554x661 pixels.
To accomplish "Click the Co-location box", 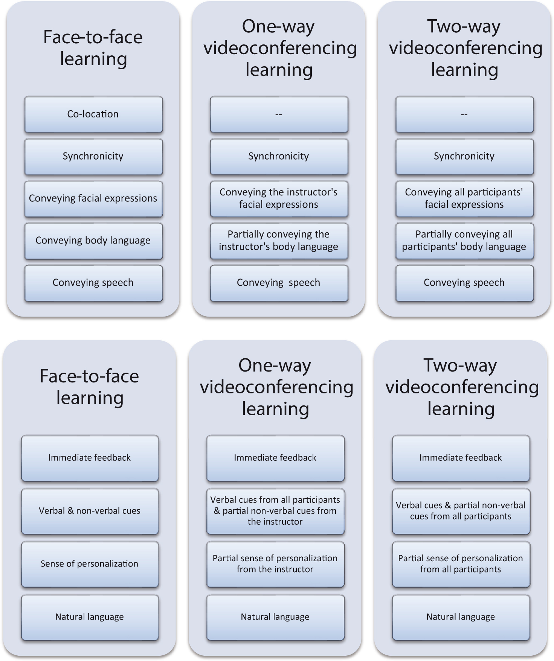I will [93, 114].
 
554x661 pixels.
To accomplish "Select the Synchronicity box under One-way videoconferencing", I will [279, 157].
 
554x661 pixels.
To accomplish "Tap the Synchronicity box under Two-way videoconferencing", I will [464, 157].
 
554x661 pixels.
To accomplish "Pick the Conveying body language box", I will [93, 241].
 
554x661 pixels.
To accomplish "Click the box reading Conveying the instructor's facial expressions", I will [279, 199].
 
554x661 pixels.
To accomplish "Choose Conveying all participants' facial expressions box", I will [464, 199].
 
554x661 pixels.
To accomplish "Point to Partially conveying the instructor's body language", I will [279, 241].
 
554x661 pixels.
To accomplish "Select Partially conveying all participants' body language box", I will [464, 241].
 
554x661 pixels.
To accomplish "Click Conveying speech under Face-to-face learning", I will [93, 283].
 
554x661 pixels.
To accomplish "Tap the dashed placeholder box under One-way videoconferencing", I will [279, 114].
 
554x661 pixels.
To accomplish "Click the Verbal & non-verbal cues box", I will [90, 511].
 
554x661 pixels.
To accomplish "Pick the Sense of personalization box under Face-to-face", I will [90, 564].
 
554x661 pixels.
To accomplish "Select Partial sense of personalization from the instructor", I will [275, 564].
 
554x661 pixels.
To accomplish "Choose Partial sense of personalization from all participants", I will [461, 564].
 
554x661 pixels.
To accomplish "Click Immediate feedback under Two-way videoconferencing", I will [461, 458].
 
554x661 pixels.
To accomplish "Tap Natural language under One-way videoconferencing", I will [275, 617].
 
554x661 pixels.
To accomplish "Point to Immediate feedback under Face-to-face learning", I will [90, 458].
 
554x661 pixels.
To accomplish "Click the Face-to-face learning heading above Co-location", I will [93, 48].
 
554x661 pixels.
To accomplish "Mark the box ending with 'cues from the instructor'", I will [275, 511].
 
